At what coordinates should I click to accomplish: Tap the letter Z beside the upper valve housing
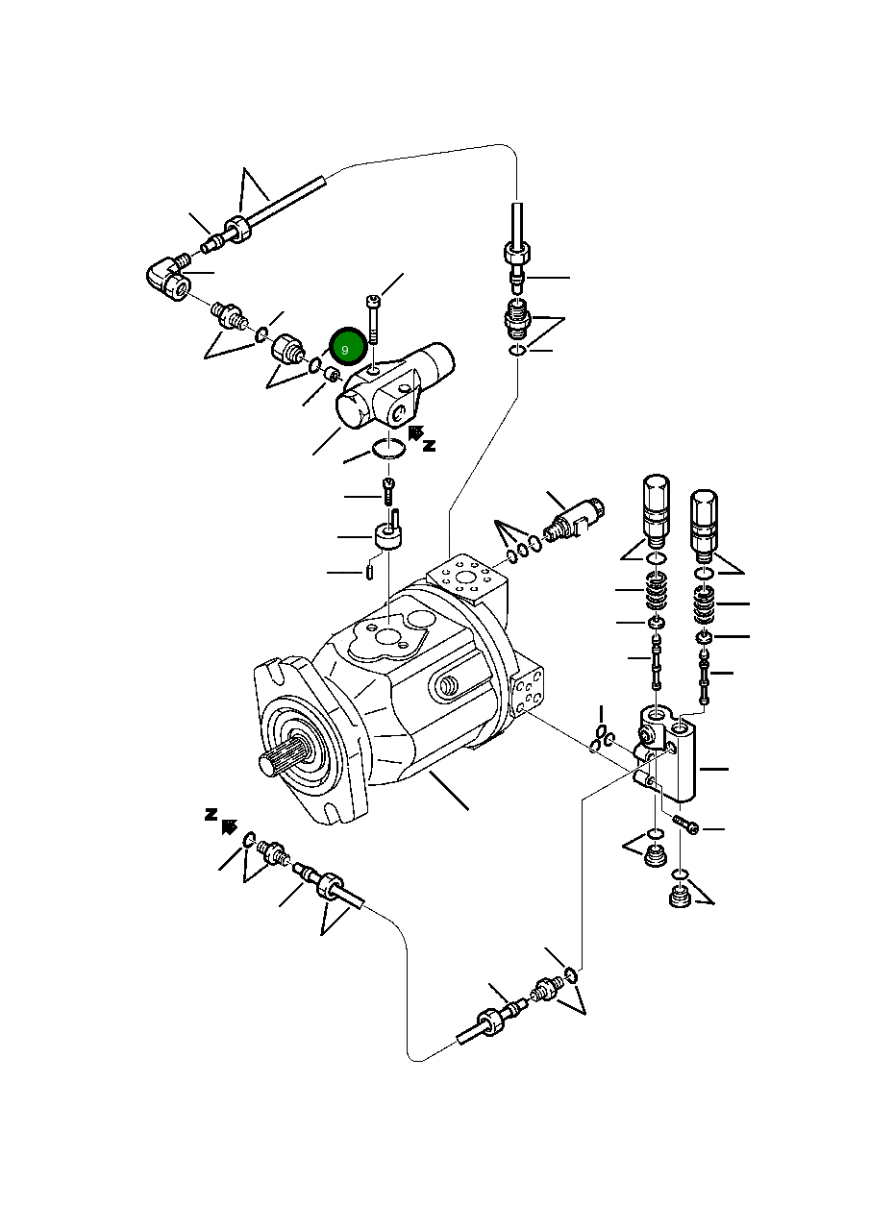(430, 445)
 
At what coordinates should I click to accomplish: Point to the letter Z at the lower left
(211, 814)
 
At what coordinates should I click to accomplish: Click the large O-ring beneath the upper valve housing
(388, 448)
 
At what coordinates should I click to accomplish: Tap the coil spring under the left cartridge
(656, 591)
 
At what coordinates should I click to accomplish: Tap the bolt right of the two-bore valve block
(686, 825)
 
